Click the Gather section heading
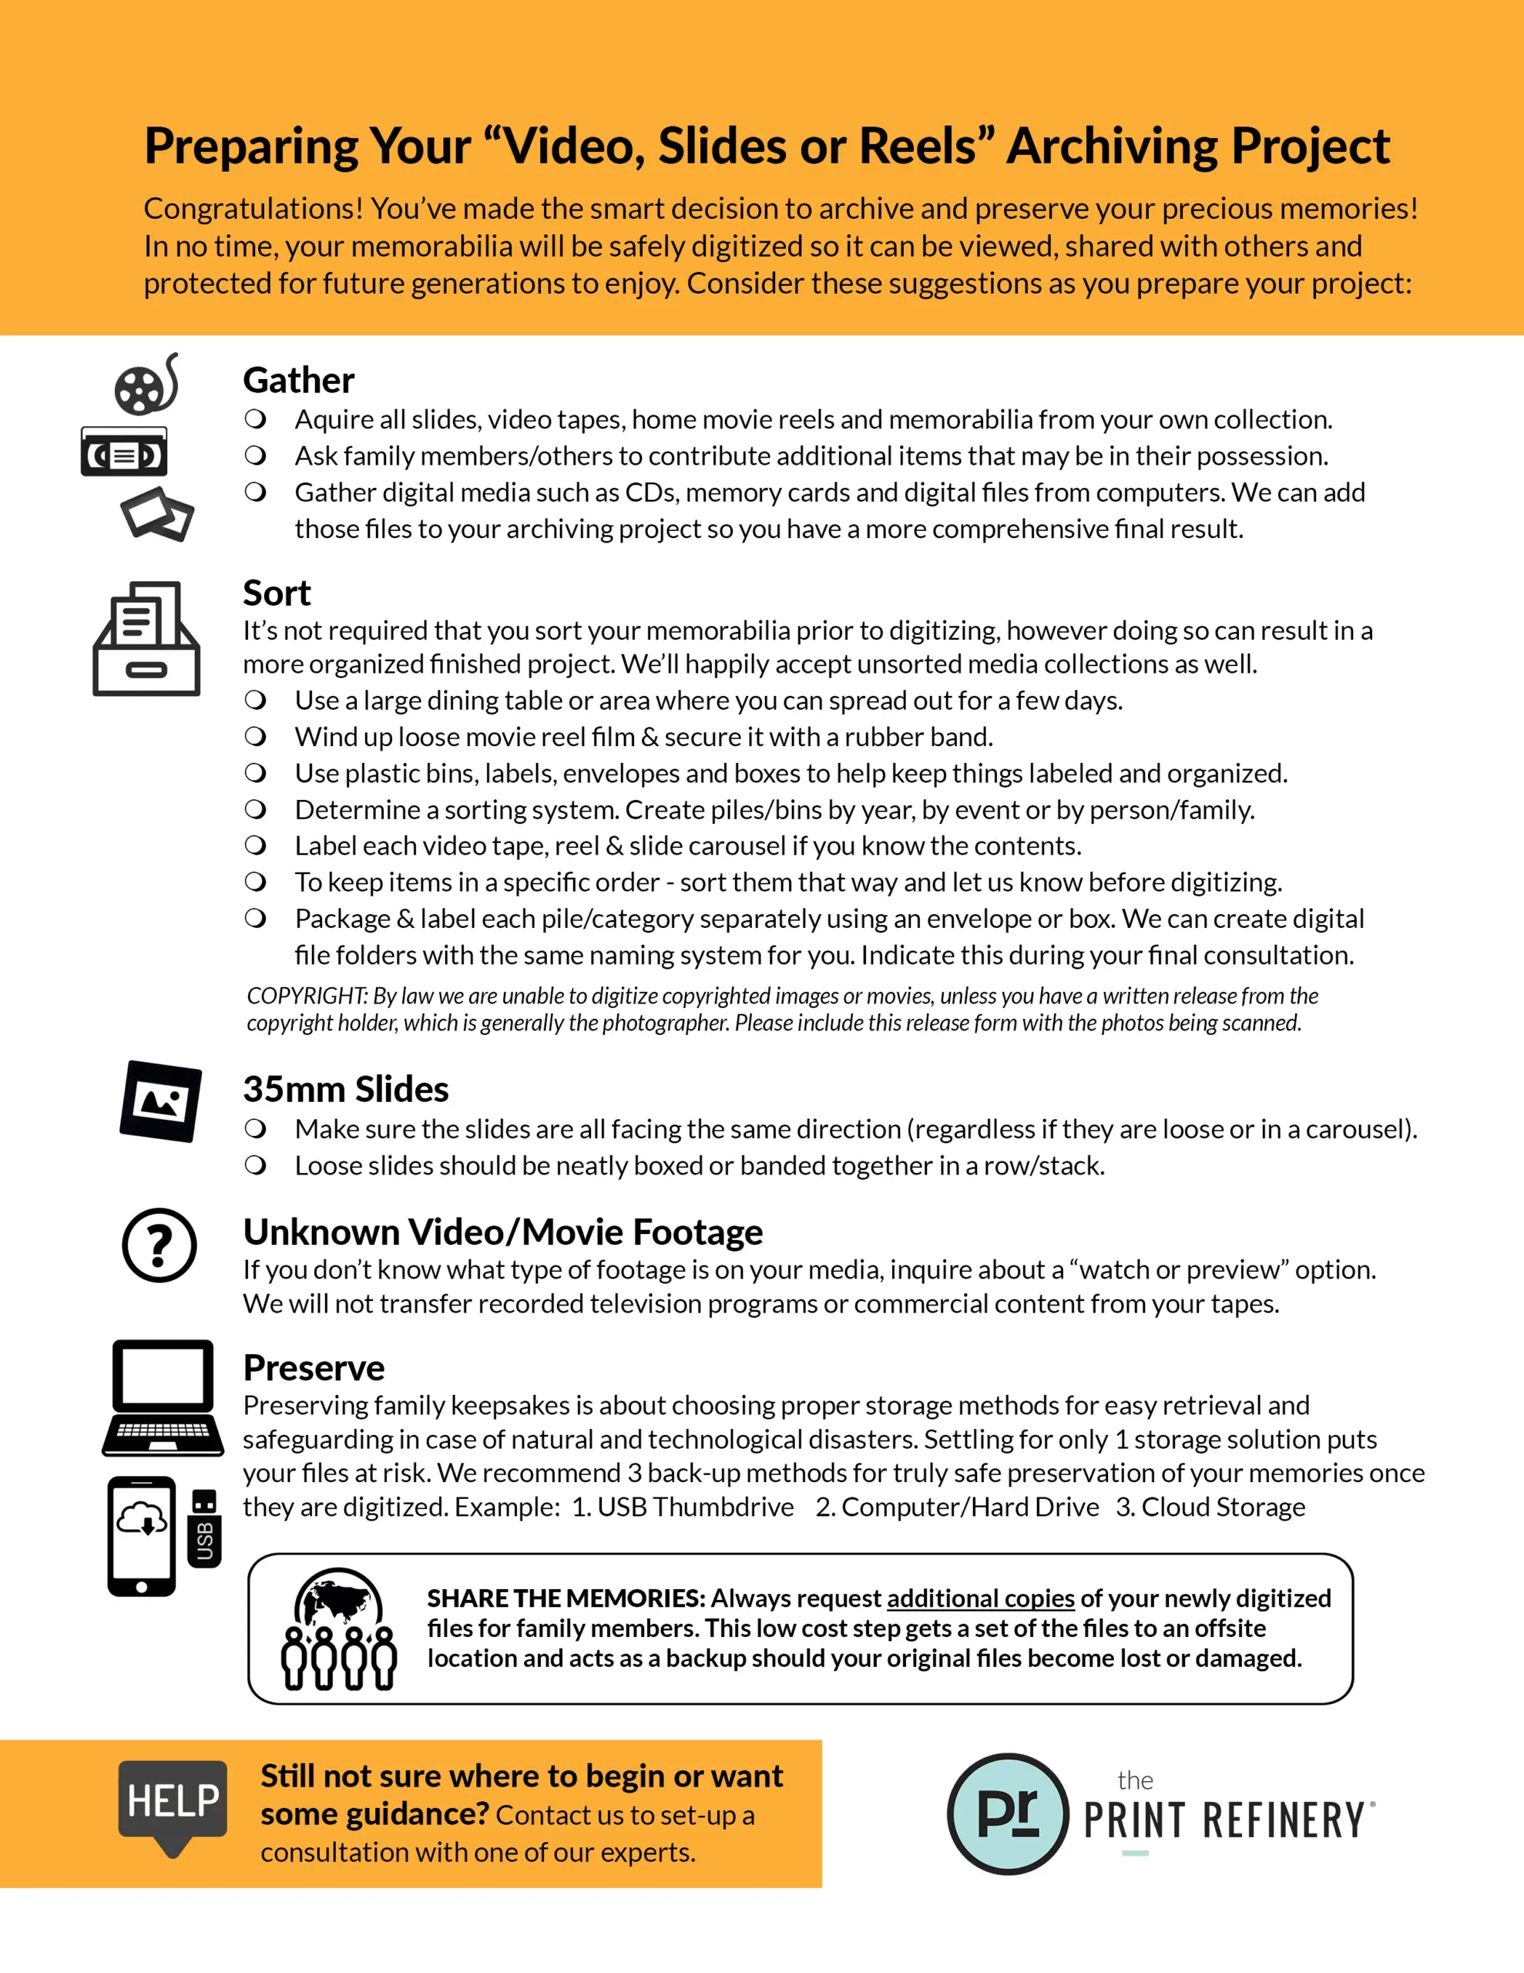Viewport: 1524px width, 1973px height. [298, 380]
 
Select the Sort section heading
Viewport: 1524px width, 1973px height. [277, 593]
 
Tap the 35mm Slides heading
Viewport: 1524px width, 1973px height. [345, 1090]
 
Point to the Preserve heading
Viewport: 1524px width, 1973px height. [314, 1368]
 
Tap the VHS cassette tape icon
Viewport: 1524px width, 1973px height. [124, 452]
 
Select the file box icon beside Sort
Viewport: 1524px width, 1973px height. [146, 639]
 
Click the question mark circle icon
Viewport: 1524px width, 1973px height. [159, 1245]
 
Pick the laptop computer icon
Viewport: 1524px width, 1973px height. [163, 1397]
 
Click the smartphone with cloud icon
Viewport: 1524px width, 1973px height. [142, 1536]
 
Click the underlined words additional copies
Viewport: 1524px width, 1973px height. [980, 1598]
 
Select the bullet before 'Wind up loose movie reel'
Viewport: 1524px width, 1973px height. [256, 736]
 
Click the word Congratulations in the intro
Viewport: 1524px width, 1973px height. [253, 209]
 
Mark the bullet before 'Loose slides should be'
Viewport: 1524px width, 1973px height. [256, 1165]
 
